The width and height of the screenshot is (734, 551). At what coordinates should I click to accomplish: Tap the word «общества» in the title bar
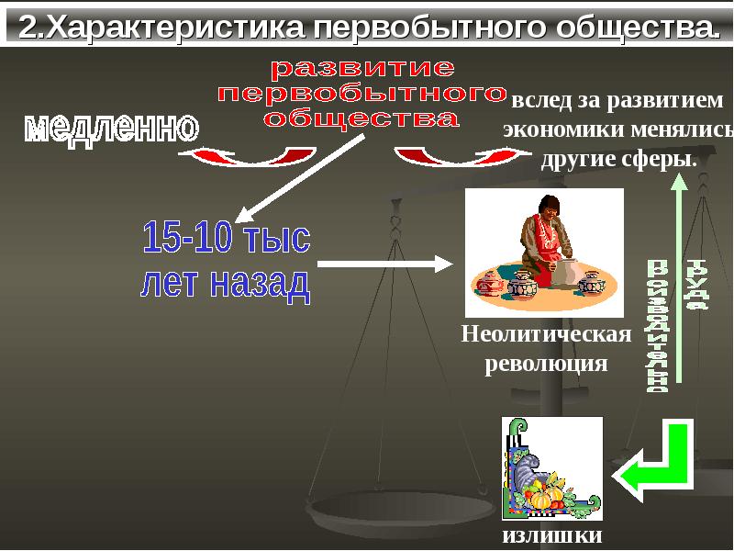(631, 27)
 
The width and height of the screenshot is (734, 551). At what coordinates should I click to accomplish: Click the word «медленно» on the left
(111, 128)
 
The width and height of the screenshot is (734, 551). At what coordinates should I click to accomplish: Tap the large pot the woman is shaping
(566, 272)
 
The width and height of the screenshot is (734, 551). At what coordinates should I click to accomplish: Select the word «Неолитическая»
(546, 332)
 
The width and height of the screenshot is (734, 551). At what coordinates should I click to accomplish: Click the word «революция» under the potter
(546, 363)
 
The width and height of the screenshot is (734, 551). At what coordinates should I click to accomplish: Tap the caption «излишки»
(551, 535)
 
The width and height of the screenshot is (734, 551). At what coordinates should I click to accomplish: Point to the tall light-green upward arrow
(678, 275)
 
